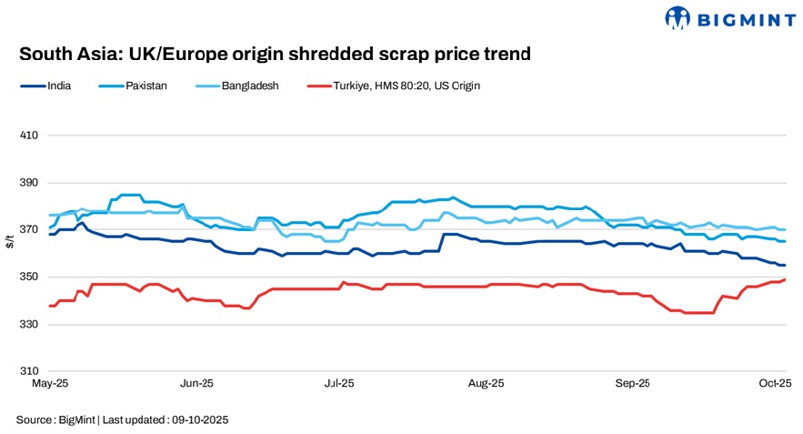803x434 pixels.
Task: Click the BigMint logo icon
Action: pyautogui.click(x=678, y=17)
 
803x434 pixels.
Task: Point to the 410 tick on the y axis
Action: pyautogui.click(x=28, y=136)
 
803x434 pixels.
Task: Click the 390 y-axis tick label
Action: pyautogui.click(x=28, y=183)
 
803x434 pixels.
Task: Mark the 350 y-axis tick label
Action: pyautogui.click(x=28, y=278)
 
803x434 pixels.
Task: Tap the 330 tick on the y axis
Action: pyautogui.click(x=28, y=325)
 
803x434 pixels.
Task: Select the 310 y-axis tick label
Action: pyautogui.click(x=28, y=372)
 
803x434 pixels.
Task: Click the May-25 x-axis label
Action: pyautogui.click(x=49, y=385)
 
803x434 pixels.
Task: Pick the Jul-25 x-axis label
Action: pyautogui.click(x=339, y=385)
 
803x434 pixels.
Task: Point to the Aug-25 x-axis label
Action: pyautogui.click(x=487, y=385)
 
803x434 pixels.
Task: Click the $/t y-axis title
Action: pyautogui.click(x=9, y=254)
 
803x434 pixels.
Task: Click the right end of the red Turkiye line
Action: pyautogui.click(x=786, y=279)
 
